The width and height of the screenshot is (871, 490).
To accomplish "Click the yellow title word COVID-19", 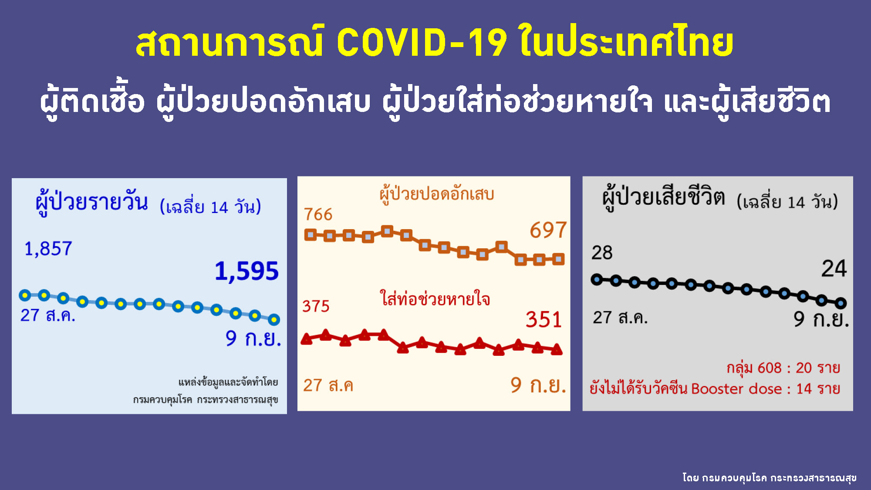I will [422, 43].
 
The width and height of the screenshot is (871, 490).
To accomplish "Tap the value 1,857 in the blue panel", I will [48, 249].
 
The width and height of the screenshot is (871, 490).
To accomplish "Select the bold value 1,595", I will [246, 271].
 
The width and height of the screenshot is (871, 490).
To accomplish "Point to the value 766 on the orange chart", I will [318, 214].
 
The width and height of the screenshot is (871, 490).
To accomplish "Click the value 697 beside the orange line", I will [548, 230].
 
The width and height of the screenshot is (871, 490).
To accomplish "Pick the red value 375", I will [316, 306].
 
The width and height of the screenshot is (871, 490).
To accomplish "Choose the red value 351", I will [544, 320].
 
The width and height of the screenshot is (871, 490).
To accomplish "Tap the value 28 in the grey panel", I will [602, 253].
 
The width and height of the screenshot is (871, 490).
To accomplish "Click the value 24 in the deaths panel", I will [834, 268].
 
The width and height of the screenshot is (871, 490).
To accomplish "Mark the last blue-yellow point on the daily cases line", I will [274, 320].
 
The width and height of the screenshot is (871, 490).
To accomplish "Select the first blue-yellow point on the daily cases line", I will [25, 296].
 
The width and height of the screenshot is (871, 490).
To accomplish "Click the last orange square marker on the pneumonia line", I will [558, 260].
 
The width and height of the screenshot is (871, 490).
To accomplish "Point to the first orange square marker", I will [310, 235].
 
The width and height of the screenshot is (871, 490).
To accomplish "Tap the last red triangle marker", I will [557, 349].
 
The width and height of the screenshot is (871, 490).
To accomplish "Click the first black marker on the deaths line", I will [597, 280].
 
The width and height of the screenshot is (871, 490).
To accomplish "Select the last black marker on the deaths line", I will [841, 303].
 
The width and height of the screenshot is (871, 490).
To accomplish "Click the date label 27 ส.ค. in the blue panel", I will [48, 315].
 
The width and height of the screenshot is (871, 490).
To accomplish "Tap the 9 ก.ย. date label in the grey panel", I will [821, 319].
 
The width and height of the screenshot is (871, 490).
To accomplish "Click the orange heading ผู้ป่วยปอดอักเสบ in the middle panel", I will [437, 194].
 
